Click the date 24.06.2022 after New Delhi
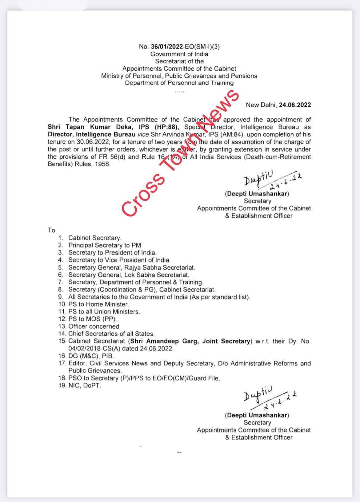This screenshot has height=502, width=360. click(x=295, y=105)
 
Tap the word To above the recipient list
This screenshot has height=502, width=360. click(x=51, y=230)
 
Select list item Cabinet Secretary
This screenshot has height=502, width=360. click(x=95, y=238)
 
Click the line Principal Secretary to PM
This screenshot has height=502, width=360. click(x=105, y=245)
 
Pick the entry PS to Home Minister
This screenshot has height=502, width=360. click(x=98, y=304)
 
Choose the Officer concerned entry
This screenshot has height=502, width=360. click(x=94, y=326)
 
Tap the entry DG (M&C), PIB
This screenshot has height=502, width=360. click(x=91, y=356)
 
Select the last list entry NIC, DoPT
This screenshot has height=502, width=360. click(x=84, y=385)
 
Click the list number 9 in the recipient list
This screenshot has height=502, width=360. click(x=61, y=297)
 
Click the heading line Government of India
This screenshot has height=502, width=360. click(x=179, y=54)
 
